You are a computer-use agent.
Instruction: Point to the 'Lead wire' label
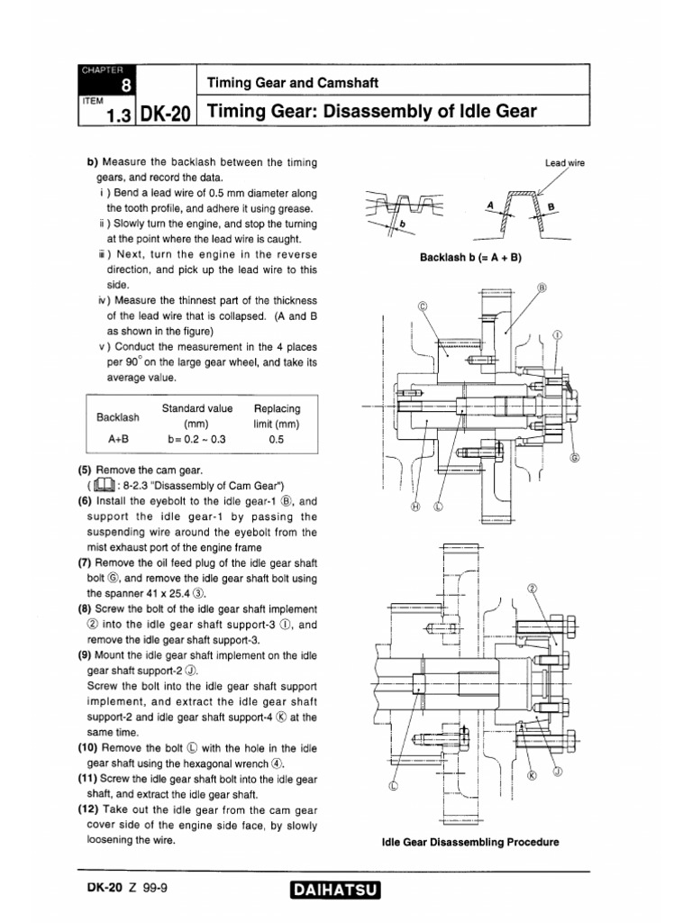565,163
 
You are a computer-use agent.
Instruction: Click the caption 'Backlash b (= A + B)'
471,257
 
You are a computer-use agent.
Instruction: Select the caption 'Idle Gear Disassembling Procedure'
471,842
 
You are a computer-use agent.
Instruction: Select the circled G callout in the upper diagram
574,457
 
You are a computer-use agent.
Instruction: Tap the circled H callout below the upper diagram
415,506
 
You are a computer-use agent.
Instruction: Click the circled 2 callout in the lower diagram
532,588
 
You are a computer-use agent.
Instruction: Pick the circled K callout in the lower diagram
530,774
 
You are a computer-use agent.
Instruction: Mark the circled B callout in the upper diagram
542,288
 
